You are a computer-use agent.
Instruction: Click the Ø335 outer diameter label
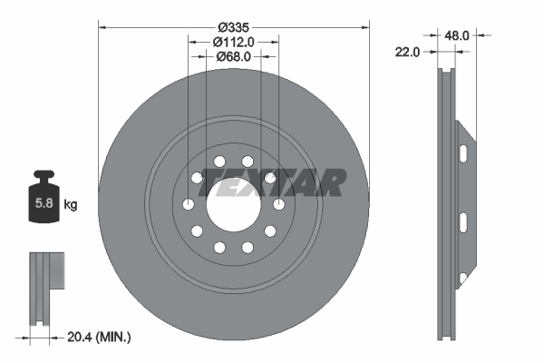234,27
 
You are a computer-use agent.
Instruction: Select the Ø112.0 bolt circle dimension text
234,42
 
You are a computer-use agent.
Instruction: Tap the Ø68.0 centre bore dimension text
234,56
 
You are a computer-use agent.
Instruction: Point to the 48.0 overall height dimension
457,35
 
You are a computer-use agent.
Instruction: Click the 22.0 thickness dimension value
407,52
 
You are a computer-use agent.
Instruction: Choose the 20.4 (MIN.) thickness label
99,337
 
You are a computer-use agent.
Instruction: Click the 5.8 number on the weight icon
44,203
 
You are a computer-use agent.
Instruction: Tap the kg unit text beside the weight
71,204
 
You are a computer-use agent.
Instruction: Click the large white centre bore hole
234,204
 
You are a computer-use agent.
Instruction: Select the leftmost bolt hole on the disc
189,204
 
